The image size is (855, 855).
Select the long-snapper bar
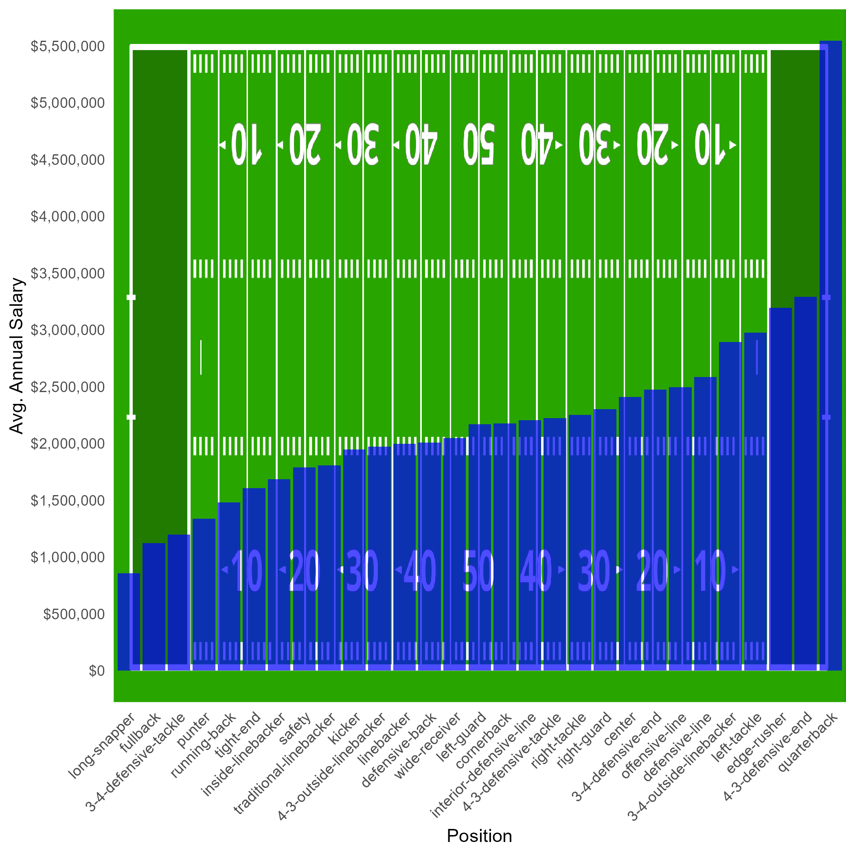[x=129, y=622]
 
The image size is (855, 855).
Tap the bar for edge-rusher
[x=780, y=489]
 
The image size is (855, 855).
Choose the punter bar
[x=204, y=594]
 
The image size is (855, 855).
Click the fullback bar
[x=154, y=607]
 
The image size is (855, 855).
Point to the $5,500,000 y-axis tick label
[x=68, y=46]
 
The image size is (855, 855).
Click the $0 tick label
[x=97, y=671]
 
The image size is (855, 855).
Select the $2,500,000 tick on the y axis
[x=68, y=387]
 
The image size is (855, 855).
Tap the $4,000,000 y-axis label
[x=68, y=217]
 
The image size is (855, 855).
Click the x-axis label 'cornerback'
[x=484, y=741]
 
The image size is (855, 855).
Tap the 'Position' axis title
[x=479, y=836]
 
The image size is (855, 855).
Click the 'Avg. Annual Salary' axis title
[x=16, y=356]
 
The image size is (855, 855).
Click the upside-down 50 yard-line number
[x=479, y=144]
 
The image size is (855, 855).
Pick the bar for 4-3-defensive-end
[x=805, y=484]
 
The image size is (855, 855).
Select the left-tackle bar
[x=755, y=502]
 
